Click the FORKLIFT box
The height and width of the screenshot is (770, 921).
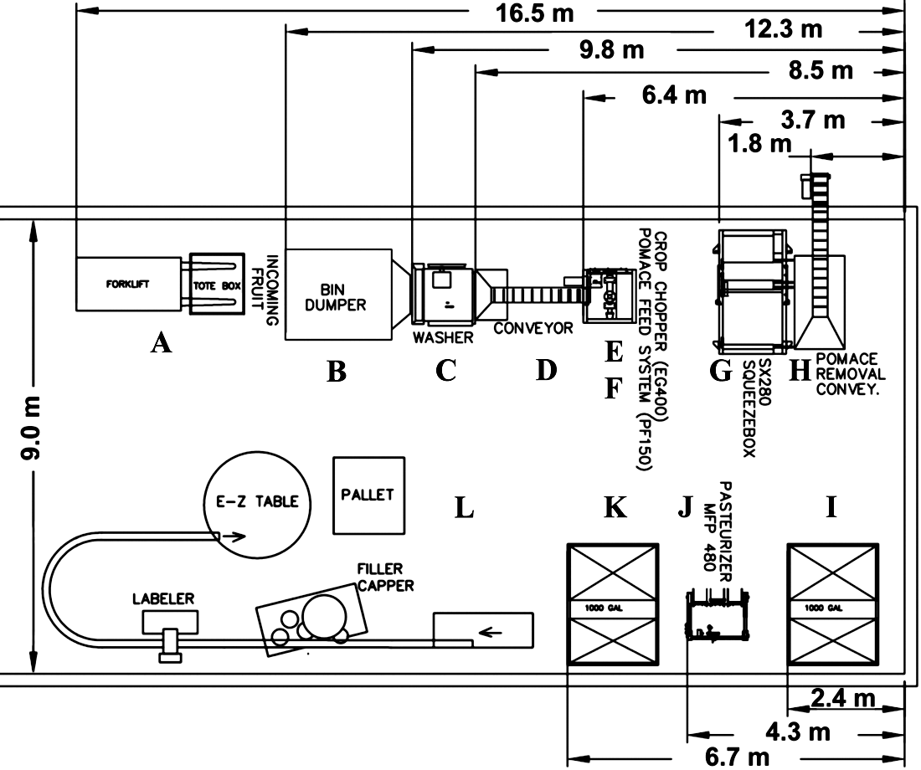click(x=128, y=284)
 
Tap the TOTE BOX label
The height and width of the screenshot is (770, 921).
click(x=217, y=286)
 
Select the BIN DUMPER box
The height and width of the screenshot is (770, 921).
click(x=338, y=294)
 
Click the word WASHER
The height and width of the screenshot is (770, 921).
click(x=442, y=337)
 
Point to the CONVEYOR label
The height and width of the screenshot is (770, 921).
click(x=533, y=328)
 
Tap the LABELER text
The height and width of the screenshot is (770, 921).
click(x=162, y=598)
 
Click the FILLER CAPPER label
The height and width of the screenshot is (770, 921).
click(x=386, y=577)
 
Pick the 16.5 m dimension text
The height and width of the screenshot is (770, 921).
click(x=534, y=13)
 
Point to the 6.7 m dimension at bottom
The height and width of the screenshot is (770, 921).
click(x=737, y=757)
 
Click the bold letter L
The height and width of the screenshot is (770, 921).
click(x=464, y=508)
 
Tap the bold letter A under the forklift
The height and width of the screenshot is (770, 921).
click(x=161, y=341)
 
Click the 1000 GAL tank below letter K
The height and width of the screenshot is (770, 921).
click(x=612, y=604)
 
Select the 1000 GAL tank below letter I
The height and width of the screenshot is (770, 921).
click(x=832, y=604)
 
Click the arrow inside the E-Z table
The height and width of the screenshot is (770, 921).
click(x=234, y=536)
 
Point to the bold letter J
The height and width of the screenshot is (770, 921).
click(x=685, y=507)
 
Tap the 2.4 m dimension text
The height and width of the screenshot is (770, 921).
click(x=842, y=699)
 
